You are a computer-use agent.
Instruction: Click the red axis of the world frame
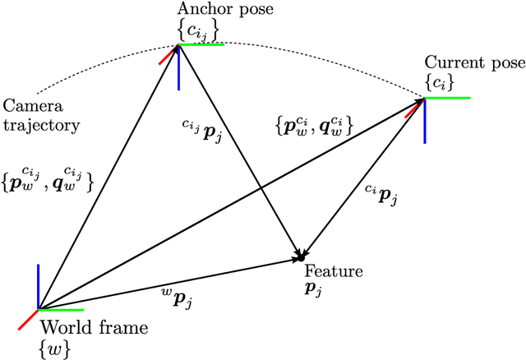coord(28,319)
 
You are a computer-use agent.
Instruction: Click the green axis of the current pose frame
coord(448,98)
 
